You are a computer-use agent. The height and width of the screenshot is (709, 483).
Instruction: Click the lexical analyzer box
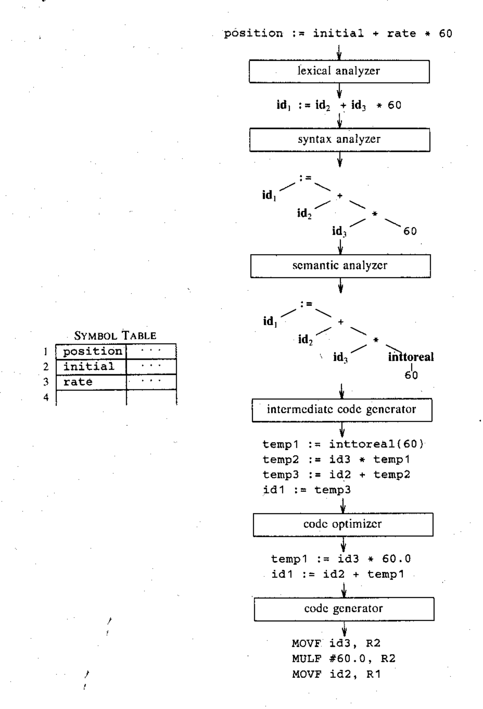(339, 71)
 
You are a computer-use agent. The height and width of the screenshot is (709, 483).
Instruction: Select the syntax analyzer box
(339, 140)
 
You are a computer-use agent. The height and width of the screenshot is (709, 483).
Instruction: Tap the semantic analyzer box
(340, 266)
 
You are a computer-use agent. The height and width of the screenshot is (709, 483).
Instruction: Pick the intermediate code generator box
(341, 410)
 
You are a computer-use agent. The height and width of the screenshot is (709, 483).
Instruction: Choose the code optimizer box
(343, 524)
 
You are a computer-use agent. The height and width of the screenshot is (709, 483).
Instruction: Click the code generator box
(343, 609)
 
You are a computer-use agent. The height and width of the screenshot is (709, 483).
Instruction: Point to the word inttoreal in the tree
(411, 357)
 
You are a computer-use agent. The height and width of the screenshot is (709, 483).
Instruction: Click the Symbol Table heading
(115, 335)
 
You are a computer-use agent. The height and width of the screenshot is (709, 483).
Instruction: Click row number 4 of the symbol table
(46, 397)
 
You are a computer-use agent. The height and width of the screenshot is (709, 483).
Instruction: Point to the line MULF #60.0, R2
(343, 659)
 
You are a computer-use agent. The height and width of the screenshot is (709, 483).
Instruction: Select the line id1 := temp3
(306, 490)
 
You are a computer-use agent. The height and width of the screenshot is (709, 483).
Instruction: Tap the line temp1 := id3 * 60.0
(341, 559)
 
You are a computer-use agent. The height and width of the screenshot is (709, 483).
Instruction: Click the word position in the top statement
(253, 34)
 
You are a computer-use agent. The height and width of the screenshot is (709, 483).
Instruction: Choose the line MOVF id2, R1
(336, 675)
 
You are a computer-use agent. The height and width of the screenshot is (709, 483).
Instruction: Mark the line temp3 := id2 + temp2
(336, 475)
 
